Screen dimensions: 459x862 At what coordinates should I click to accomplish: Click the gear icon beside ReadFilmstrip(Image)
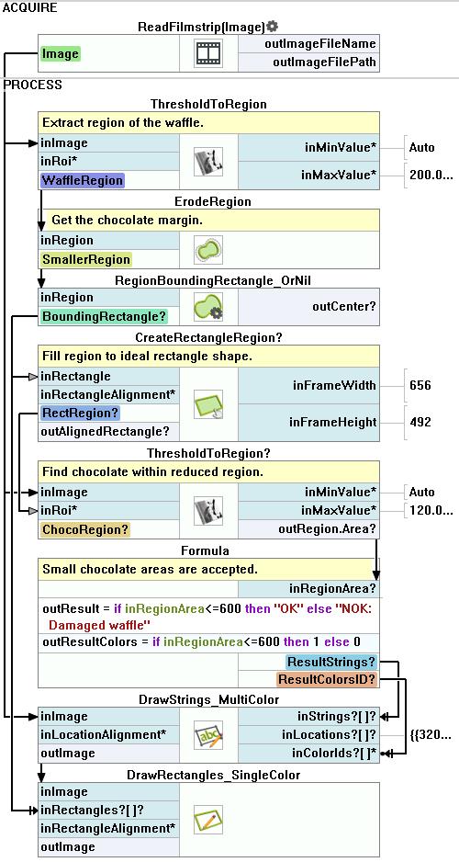coord(273,26)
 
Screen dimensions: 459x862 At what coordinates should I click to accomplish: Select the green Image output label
coord(60,54)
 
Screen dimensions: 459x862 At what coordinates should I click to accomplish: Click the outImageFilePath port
coord(324,62)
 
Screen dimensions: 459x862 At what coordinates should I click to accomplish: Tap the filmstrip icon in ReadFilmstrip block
coord(208,53)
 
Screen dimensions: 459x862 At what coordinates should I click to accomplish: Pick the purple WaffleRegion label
coord(83,180)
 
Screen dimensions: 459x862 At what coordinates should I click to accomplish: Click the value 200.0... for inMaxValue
coord(431,175)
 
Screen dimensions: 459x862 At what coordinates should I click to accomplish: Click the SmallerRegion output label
coord(85,259)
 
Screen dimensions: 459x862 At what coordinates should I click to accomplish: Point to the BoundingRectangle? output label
coord(104,317)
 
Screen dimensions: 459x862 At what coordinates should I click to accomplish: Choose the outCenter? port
coord(344,307)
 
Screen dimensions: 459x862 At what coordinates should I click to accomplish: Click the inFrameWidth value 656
coord(420,385)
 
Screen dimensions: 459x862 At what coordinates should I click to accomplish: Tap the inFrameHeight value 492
coord(420,422)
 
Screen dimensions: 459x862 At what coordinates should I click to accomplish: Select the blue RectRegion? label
coord(80,413)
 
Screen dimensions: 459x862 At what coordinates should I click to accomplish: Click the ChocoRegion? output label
coord(84,529)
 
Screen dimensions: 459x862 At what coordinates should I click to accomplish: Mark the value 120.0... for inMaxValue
coord(431,510)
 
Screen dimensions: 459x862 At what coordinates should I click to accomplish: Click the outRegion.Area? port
coord(327,528)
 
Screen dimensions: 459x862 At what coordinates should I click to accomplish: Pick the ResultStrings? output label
coord(331,662)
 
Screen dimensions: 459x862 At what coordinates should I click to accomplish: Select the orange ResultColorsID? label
coord(327,679)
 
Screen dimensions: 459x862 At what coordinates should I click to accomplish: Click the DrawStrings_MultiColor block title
coord(208,699)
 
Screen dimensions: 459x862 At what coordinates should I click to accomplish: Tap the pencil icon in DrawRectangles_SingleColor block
coord(208,819)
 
